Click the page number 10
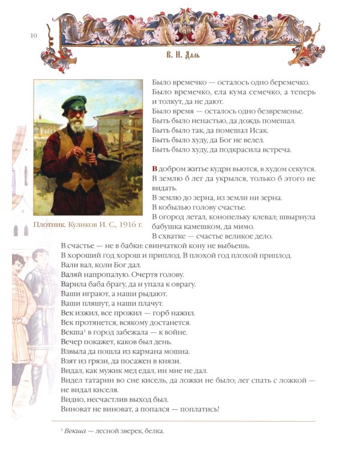(34, 37)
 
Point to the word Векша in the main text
(71, 332)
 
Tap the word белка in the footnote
(153, 431)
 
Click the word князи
(161, 361)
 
